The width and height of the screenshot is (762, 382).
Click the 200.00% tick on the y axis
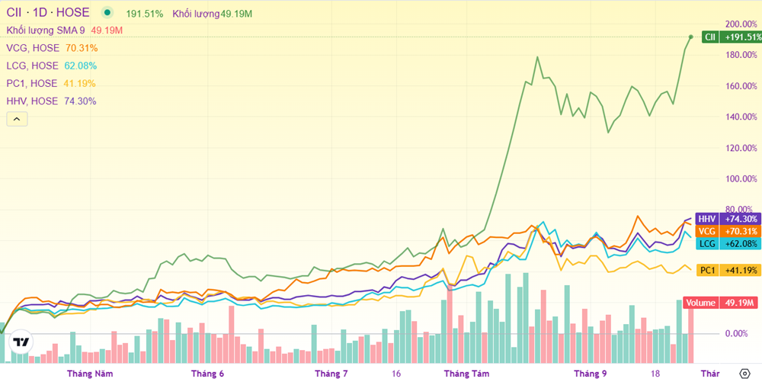(741, 24)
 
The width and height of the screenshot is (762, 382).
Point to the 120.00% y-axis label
(741, 148)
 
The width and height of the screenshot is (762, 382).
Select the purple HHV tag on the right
(708, 219)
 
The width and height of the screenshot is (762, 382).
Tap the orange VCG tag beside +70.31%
(708, 231)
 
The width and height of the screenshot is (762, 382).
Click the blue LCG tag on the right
(708, 243)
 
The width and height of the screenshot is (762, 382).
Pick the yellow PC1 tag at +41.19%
(708, 270)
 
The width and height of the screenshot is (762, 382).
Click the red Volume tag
(701, 303)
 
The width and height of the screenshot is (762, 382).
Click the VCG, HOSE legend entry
(32, 48)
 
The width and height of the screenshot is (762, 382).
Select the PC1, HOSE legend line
(32, 83)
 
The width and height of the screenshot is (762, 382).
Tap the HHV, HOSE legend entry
(32, 101)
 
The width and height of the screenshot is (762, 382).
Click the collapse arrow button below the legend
(17, 119)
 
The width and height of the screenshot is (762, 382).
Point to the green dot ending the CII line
(691, 37)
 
